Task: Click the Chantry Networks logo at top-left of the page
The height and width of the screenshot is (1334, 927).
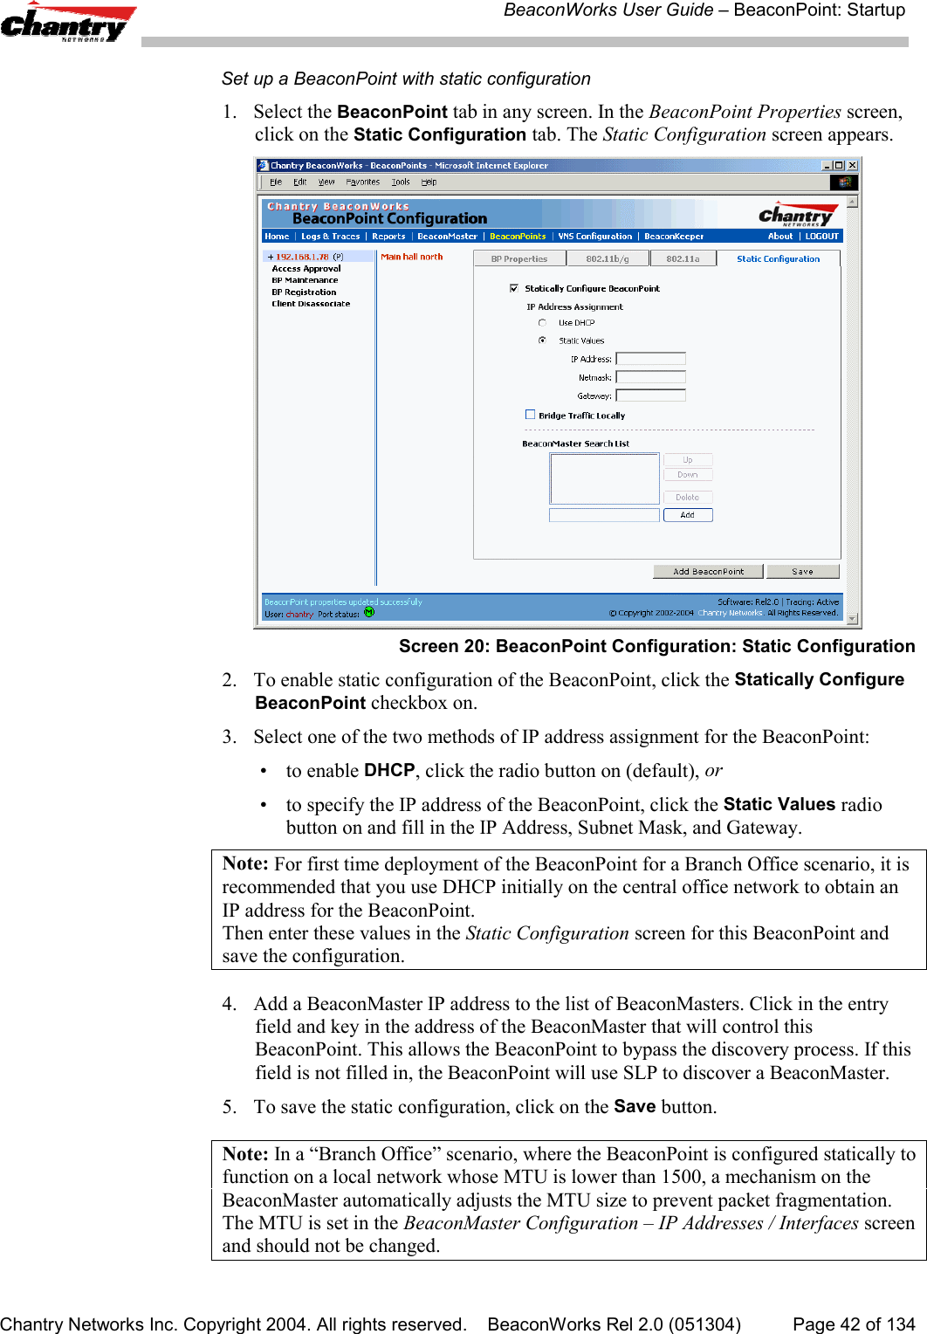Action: (x=65, y=23)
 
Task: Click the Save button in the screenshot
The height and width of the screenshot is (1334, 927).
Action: (x=802, y=571)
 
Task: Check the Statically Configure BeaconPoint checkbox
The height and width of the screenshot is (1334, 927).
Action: (x=514, y=288)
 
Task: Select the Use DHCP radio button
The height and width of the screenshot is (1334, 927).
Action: (x=542, y=323)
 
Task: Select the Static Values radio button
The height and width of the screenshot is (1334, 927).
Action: (x=542, y=340)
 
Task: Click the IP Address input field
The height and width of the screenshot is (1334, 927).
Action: (x=650, y=359)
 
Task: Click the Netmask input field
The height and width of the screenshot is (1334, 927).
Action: (x=650, y=377)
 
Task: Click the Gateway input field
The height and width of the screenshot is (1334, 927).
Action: (x=650, y=395)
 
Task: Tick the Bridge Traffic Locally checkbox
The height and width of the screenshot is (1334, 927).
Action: (x=530, y=415)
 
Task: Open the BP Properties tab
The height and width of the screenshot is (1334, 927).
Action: (x=519, y=258)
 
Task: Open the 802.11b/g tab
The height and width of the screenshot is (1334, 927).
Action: (x=608, y=258)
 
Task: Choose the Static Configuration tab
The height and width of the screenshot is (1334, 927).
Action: (x=778, y=258)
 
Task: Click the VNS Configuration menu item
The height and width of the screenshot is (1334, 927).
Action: (x=595, y=236)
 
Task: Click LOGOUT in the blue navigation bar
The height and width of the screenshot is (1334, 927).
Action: (x=821, y=236)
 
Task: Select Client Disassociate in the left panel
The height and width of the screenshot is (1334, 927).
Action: (x=311, y=304)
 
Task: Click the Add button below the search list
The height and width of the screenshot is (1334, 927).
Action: (x=688, y=515)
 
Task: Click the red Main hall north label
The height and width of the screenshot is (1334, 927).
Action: (x=412, y=257)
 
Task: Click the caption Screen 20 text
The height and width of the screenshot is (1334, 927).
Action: (x=656, y=646)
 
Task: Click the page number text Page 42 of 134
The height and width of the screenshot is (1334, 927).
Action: (x=853, y=1324)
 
